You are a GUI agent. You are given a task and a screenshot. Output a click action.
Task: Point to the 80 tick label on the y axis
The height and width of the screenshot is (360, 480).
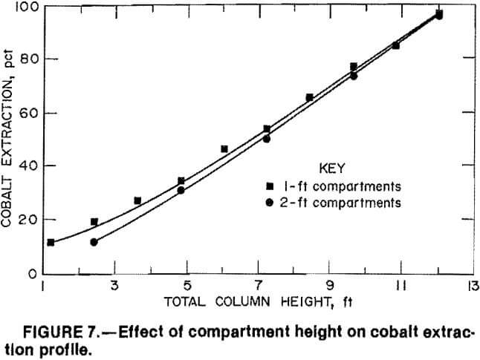pyautogui.click(x=30, y=59)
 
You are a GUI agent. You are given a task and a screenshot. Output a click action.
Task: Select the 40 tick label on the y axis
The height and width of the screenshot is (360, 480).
pyautogui.click(x=30, y=166)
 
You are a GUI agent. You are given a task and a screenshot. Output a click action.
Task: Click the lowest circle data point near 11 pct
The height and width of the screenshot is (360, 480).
pyautogui.click(x=94, y=242)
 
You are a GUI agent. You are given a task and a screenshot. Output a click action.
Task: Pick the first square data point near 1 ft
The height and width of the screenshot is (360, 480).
pyautogui.click(x=51, y=243)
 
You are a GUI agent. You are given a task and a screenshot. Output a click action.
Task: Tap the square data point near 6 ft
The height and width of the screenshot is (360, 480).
pyautogui.click(x=224, y=149)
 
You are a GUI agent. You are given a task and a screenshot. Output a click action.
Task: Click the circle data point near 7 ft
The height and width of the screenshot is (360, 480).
pyautogui.click(x=266, y=139)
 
